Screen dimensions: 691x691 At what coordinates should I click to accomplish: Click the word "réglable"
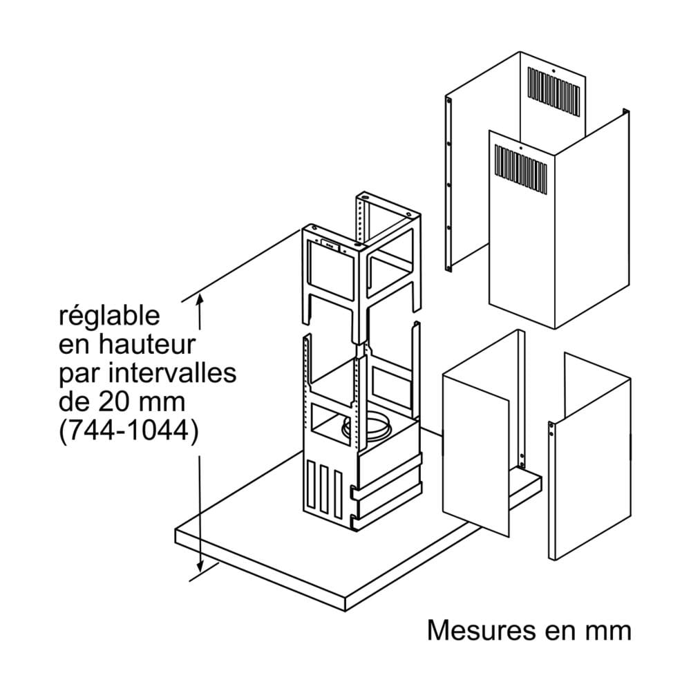[109, 317]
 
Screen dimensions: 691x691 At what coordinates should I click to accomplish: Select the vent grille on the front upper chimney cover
[523, 166]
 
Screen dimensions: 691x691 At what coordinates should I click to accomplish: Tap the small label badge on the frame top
[328, 243]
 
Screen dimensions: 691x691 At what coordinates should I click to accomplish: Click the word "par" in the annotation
[75, 374]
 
